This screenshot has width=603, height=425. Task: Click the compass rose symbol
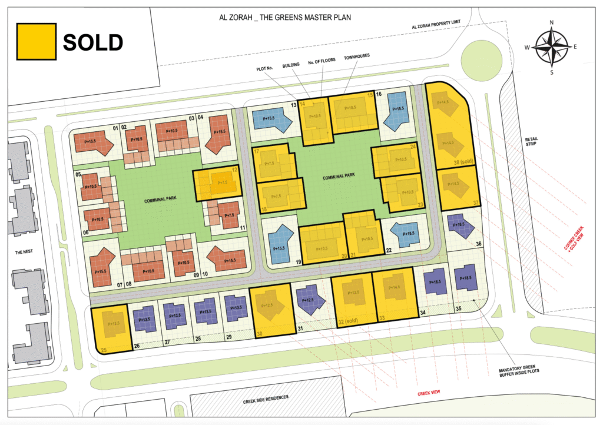552,47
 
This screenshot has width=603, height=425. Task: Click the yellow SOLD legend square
37,41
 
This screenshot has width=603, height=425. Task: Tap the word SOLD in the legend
93,42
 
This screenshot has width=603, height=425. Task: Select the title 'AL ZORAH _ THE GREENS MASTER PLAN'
284,18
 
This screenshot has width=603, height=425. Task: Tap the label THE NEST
26,252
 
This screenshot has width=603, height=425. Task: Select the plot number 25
104,350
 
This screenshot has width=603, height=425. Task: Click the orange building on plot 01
96,142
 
